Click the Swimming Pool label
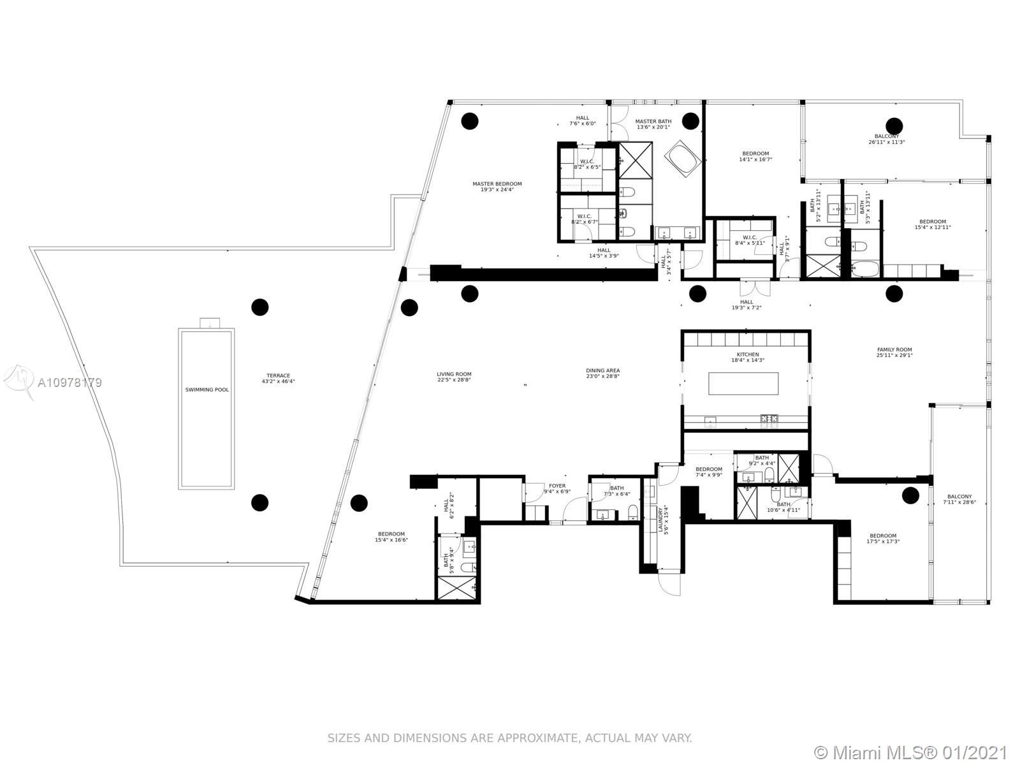click(207, 390)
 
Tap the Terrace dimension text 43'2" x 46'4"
click(278, 382)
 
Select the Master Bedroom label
click(497, 184)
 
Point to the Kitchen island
click(743, 384)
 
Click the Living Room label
click(454, 374)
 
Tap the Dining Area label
click(602, 370)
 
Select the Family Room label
click(894, 349)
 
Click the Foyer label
click(557, 486)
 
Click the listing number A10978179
click(69, 383)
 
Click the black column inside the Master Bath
click(690, 120)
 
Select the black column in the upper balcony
click(894, 125)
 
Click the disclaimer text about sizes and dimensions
click(509, 738)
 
